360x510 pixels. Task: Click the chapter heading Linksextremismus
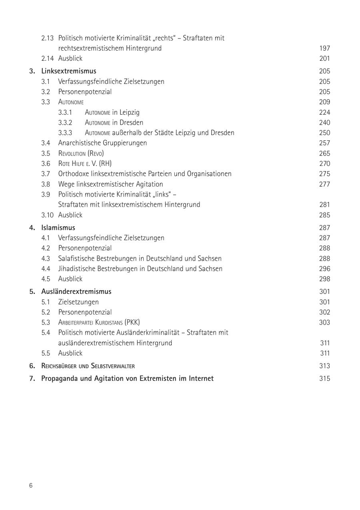[68, 71]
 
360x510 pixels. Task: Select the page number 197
[324, 48]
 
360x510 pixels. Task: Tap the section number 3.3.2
[65, 123]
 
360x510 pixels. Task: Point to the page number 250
[324, 133]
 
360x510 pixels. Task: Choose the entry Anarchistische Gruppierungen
[102, 143]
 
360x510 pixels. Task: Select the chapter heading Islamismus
[58, 228]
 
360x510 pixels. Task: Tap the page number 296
[324, 269]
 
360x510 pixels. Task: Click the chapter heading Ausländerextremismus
[76, 291]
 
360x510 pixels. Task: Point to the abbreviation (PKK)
[132, 322]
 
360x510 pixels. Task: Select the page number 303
[324, 322]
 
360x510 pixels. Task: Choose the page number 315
[324, 378]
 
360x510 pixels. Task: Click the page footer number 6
[31, 486]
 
